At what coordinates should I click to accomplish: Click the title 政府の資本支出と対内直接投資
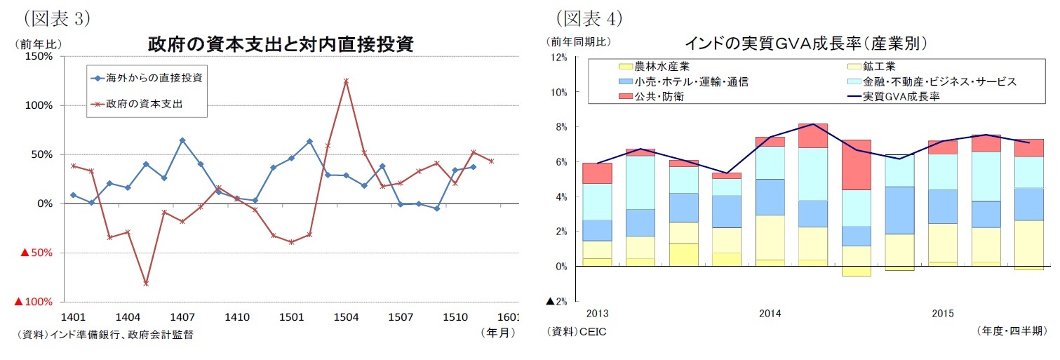pos(281,45)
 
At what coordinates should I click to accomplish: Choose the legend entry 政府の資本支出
pos(144,105)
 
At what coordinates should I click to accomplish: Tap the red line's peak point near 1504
pos(346,81)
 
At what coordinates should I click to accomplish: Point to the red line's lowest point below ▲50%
pos(146,284)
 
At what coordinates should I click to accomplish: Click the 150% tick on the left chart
pos(39,56)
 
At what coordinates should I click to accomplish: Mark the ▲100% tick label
pos(34,302)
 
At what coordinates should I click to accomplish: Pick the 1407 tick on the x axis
pos(182,317)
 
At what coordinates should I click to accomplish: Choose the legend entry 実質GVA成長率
pos(901,97)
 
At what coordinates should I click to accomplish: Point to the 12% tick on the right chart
pos(560,57)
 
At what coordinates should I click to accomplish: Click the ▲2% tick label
pos(558,302)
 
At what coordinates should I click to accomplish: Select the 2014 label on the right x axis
pos(770,314)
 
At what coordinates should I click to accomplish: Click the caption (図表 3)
pos(57,18)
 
